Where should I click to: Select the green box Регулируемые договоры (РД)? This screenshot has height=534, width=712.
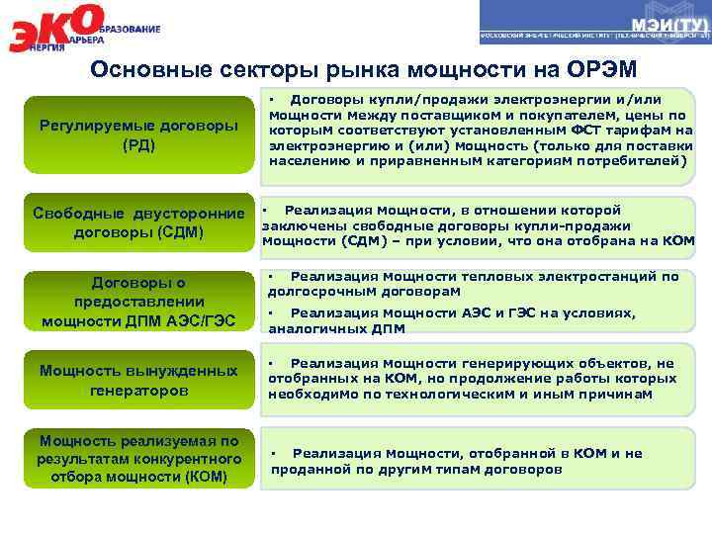pyautogui.click(x=137, y=136)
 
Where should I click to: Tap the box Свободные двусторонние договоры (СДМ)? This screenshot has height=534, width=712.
pyautogui.click(x=137, y=222)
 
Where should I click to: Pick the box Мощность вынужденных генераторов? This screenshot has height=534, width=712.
pyautogui.click(x=137, y=380)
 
